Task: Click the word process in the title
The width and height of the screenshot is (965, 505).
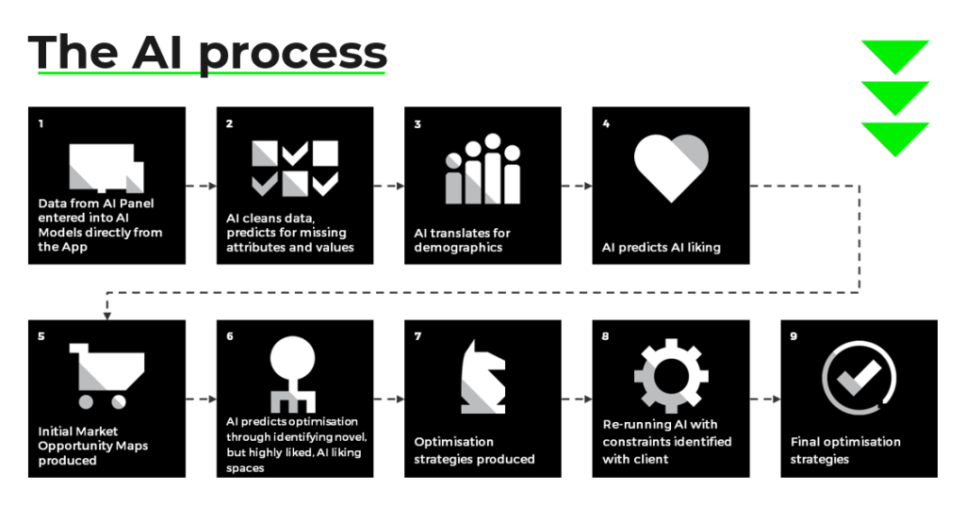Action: pos(293,56)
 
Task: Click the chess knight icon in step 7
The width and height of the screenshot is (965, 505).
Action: pos(483,377)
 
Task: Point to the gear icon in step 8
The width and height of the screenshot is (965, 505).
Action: pos(671,375)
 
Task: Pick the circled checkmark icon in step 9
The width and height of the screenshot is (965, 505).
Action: pos(859,377)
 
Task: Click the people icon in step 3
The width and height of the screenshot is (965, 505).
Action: pos(483,169)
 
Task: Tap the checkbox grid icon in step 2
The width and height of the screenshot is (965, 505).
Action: pos(295,169)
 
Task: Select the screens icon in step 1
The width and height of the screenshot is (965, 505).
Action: pos(106,168)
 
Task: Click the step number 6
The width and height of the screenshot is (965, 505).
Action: pos(230,336)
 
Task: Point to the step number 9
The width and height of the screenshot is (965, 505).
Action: pos(793,336)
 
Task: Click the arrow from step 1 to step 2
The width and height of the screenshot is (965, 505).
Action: pos(202,186)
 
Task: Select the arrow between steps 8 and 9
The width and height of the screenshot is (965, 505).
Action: pos(765,399)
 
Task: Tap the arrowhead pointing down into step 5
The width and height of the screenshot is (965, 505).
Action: pos(107,317)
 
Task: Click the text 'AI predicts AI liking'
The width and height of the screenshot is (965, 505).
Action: pos(661,247)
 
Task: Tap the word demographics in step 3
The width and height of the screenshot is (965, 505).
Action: pos(458,247)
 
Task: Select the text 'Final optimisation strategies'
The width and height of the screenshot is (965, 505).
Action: pos(845,450)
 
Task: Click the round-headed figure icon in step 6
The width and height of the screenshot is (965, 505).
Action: pos(293,375)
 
